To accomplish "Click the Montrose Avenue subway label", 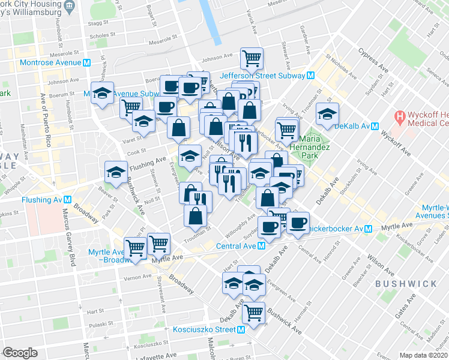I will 51,62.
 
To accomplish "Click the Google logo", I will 20,352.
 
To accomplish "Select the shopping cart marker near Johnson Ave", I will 252,58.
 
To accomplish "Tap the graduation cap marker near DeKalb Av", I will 327,113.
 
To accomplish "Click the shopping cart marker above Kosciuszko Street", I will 255,312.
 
